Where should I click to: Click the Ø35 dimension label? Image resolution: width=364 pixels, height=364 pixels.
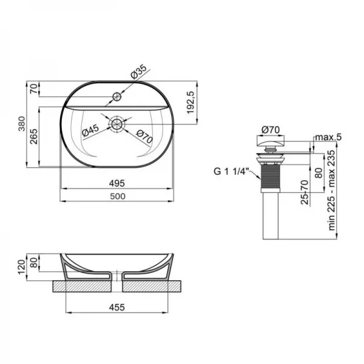coord(139,72)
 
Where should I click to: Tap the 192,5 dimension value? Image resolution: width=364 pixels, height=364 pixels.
coord(190,103)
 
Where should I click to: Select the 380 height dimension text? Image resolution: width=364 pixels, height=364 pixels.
coord(22,124)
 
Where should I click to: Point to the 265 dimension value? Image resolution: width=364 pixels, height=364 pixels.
coord(34,136)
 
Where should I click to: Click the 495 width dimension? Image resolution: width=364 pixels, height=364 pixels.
coord(117,183)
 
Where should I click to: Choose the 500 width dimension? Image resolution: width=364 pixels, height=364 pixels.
coord(118,197)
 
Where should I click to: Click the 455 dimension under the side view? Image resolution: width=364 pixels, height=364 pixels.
coord(117,308)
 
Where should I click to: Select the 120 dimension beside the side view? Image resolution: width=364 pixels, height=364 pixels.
coord(22,267)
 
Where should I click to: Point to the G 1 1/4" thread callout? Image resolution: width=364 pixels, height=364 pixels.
coord(231,172)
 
